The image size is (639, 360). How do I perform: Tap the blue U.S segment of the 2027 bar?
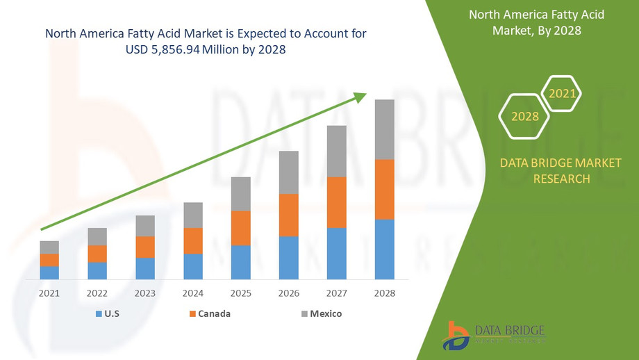(337, 253)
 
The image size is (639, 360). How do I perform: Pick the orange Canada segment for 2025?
(241, 228)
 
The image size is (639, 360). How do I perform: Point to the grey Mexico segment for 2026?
(289, 172)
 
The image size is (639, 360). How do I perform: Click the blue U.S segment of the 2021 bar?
(49, 272)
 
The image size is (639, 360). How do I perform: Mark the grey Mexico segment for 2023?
(145, 226)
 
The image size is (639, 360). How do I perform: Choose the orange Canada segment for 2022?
(97, 254)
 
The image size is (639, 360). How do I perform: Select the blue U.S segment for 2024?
(193, 266)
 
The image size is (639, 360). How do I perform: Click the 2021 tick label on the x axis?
(49, 293)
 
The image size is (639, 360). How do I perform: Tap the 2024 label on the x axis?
(193, 293)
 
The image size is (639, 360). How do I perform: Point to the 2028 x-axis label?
(385, 293)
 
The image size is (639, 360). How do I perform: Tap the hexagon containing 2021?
(561, 92)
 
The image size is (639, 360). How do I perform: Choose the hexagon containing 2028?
(524, 116)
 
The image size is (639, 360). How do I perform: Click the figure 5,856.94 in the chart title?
(177, 50)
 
